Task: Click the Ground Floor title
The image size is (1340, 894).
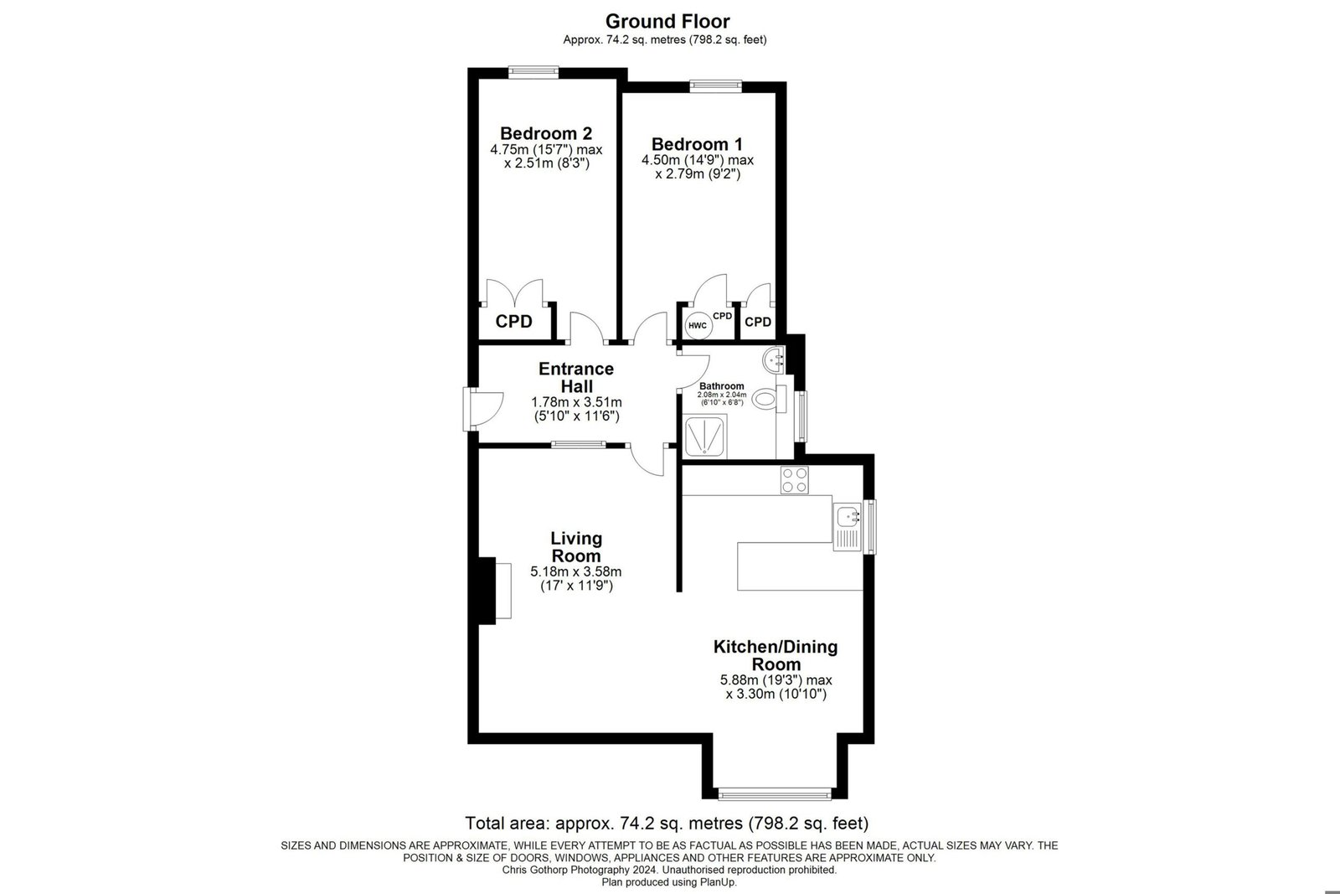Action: tap(667, 22)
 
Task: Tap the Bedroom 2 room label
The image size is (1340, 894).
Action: tap(546, 133)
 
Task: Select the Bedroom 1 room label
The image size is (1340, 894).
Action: tap(697, 144)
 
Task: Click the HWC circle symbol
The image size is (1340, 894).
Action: tap(698, 326)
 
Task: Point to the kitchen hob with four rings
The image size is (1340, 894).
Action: tap(795, 480)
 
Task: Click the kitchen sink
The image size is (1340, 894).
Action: tap(847, 526)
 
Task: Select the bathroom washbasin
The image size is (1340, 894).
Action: tap(774, 359)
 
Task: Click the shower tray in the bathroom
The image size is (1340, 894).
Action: tap(705, 436)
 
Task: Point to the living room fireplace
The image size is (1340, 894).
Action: tap(495, 591)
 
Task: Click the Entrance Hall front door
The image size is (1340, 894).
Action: tap(483, 410)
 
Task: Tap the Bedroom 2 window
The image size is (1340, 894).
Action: tap(533, 72)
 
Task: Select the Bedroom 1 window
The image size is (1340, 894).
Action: tap(715, 86)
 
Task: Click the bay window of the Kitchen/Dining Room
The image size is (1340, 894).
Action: tap(775, 794)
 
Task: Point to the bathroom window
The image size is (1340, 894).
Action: tap(801, 416)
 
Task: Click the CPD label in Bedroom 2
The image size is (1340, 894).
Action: tap(514, 322)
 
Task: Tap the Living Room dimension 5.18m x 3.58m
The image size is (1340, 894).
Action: tap(576, 571)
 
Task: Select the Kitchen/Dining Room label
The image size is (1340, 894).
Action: tap(776, 655)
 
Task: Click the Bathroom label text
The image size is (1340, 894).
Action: tap(721, 386)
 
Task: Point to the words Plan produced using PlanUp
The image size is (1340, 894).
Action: tap(669, 882)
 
